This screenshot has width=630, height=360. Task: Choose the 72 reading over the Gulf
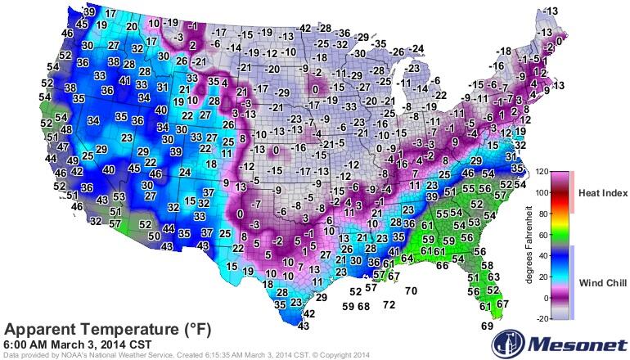tap(389, 304)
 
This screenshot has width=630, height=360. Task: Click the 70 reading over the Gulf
tap(411, 290)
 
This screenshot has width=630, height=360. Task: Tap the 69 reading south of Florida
tap(487, 326)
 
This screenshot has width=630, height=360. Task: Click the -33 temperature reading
tap(349, 106)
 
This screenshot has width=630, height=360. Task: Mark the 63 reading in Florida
tap(493, 277)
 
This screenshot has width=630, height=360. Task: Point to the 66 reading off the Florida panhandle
tap(442, 265)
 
